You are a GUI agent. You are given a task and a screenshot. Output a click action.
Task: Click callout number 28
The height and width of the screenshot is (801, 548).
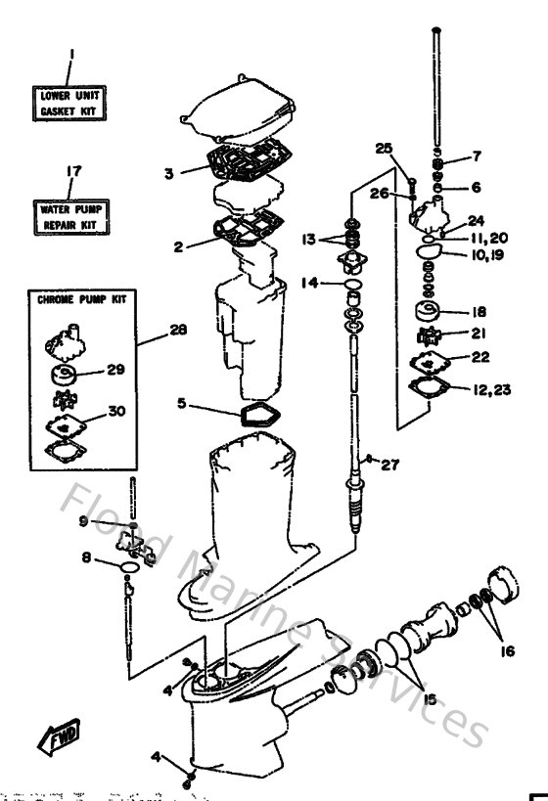point(177,332)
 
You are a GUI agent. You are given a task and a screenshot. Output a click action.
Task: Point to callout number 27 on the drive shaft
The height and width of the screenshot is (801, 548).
point(389,466)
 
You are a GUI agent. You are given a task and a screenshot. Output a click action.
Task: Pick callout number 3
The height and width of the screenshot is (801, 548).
point(169,173)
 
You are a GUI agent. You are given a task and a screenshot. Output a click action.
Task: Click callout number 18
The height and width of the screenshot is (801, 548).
point(479,313)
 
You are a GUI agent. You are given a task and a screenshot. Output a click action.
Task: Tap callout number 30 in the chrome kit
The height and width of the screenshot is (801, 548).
point(116,412)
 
